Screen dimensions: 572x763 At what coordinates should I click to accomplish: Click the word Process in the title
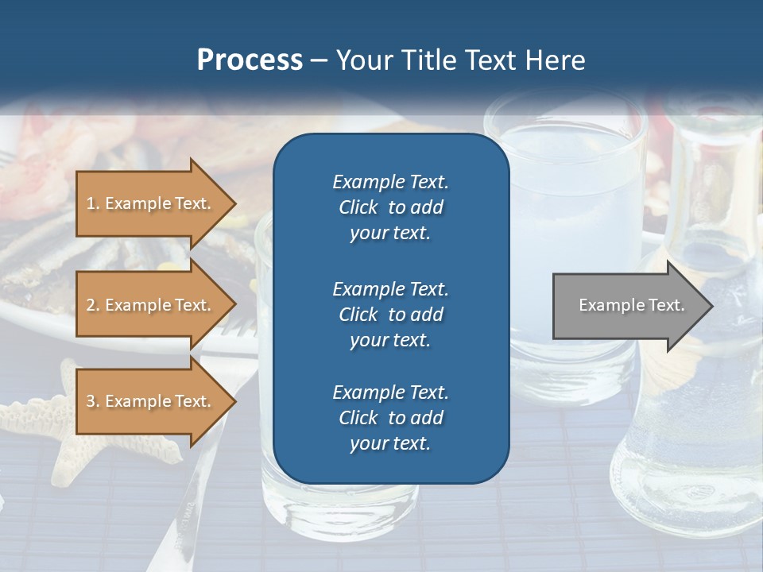[x=250, y=60]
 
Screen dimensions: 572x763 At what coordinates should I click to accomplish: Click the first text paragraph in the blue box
[x=390, y=207]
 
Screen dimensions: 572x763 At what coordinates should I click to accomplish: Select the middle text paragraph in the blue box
[x=390, y=314]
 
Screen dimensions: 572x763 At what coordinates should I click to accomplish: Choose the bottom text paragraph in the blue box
[x=390, y=418]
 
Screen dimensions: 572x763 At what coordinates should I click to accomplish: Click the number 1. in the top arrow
[x=93, y=203]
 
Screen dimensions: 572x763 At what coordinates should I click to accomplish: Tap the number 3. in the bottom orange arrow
[x=93, y=401]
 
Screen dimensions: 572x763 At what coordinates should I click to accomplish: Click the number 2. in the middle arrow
[x=93, y=305]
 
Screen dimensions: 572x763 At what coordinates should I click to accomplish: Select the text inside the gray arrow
[x=631, y=305]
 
